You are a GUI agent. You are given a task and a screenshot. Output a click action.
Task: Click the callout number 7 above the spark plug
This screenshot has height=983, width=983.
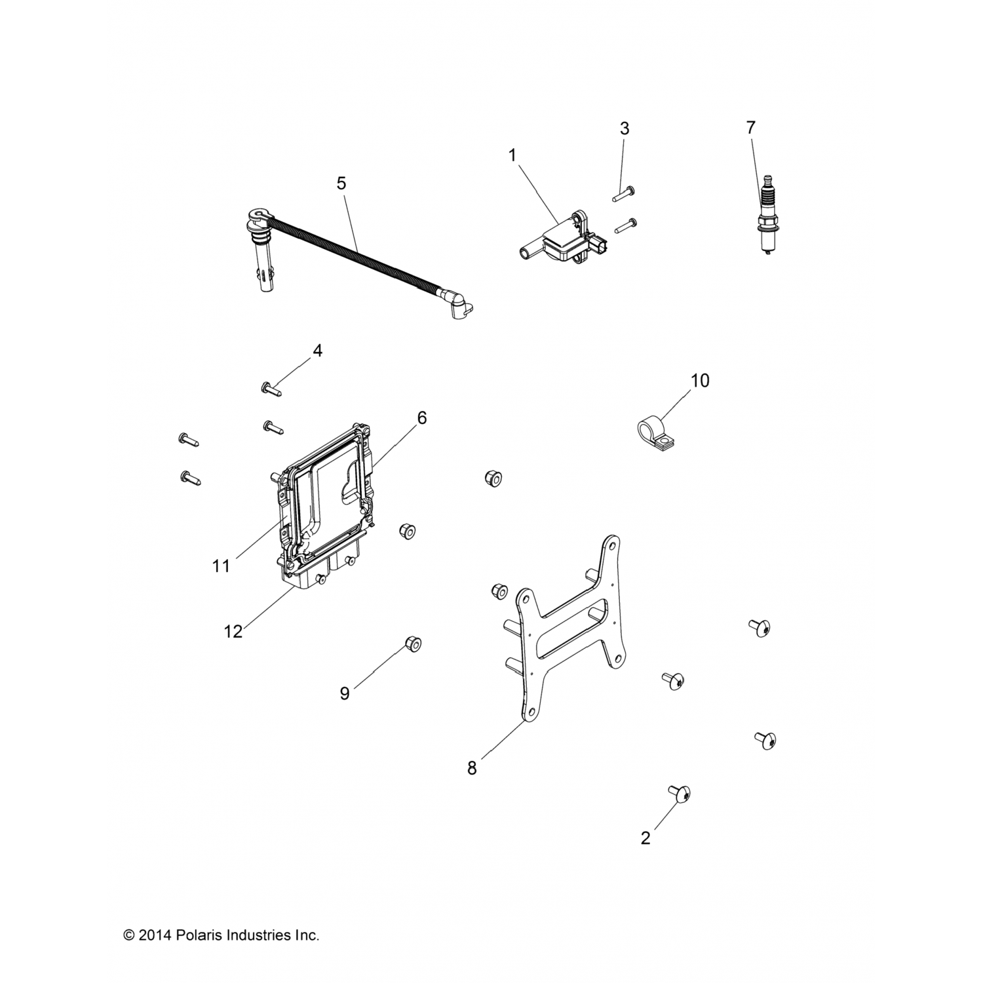point(751,127)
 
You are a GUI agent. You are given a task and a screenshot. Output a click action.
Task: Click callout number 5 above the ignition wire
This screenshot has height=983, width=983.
point(341,183)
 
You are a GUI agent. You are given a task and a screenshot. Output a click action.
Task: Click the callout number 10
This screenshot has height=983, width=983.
point(700,381)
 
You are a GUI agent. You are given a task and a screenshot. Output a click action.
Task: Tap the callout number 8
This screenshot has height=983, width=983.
point(472,768)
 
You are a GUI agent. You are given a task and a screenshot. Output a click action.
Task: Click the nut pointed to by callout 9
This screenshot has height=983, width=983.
point(413,644)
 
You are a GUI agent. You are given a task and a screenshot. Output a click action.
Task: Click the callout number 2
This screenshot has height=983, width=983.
point(646,838)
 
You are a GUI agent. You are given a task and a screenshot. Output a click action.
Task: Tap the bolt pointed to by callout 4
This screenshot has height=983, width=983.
point(271,389)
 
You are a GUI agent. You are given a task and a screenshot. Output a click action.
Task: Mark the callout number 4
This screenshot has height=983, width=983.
point(317,351)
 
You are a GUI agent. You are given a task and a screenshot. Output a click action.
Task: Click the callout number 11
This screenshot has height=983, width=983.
point(221,566)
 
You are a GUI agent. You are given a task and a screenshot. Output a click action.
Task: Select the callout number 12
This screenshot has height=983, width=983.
point(233,631)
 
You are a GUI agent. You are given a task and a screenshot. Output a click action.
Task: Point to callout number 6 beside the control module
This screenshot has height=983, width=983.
point(421,417)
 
